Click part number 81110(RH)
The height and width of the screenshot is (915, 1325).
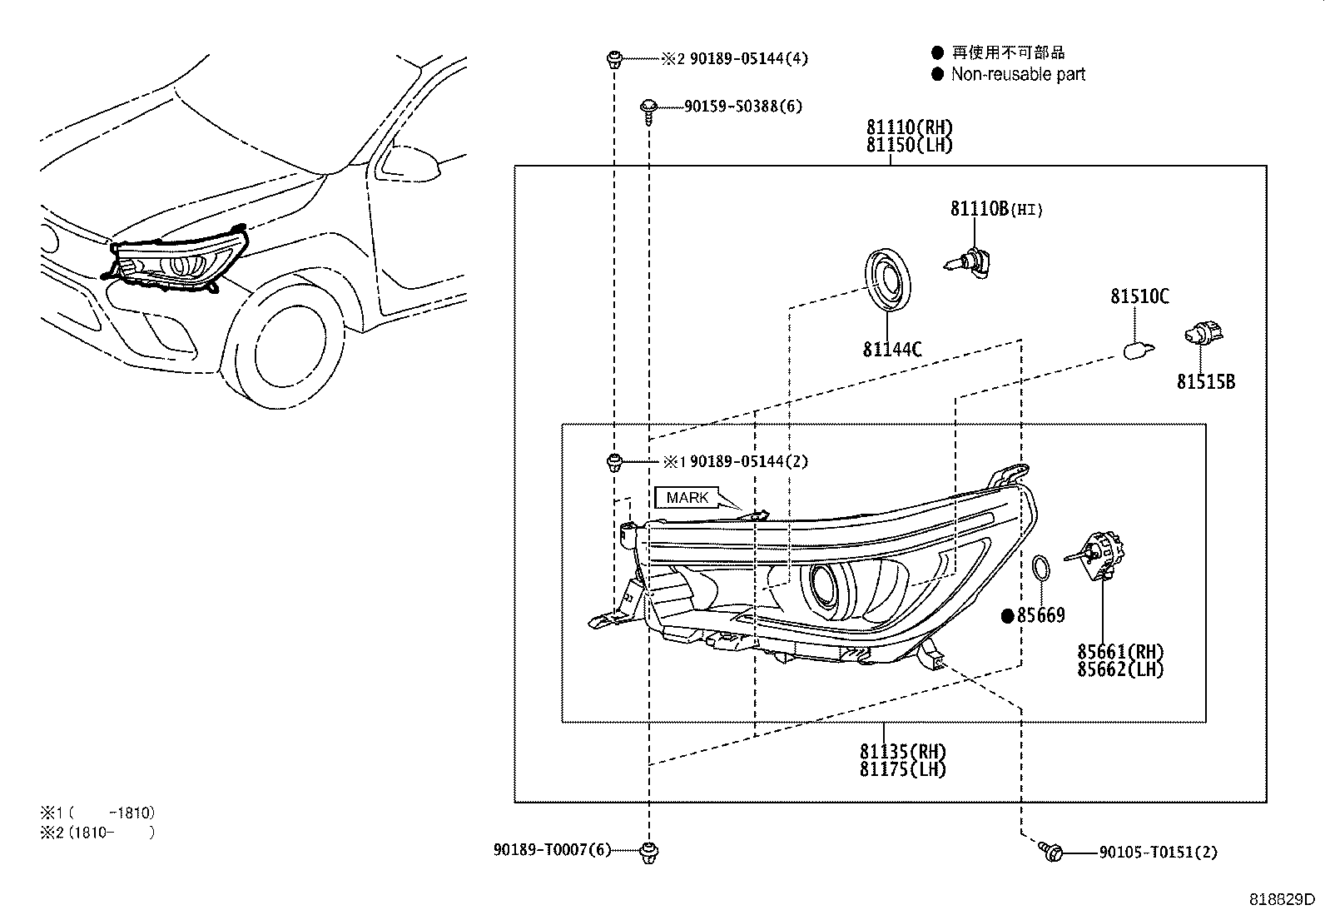(x=909, y=127)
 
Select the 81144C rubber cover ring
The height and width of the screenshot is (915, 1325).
(x=887, y=281)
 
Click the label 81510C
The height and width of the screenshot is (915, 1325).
(x=1139, y=296)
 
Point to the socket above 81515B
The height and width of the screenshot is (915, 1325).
(x=1202, y=338)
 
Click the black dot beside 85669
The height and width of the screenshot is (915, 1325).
(x=1008, y=616)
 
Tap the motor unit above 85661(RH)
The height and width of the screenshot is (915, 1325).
(x=1100, y=554)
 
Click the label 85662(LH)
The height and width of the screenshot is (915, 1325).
(x=1120, y=669)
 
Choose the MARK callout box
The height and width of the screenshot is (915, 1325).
(x=687, y=498)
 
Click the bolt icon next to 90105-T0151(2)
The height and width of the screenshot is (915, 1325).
(x=1051, y=851)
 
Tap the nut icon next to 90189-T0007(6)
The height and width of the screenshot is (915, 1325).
(x=648, y=851)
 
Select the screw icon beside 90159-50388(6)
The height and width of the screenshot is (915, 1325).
(x=649, y=108)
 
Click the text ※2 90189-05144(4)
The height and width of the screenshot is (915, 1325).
(x=734, y=59)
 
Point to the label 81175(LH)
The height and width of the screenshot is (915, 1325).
(x=903, y=769)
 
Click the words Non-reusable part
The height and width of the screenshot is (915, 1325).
(x=1018, y=74)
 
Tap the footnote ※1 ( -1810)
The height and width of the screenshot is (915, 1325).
(x=97, y=813)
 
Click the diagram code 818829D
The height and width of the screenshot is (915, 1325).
(x=1281, y=900)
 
